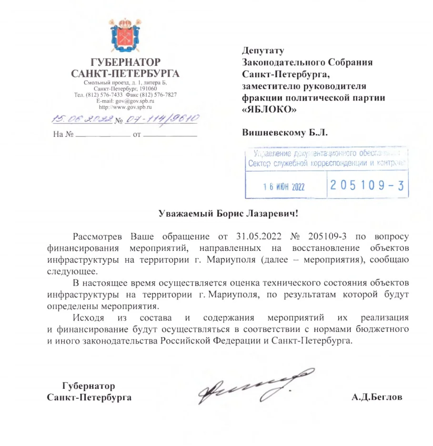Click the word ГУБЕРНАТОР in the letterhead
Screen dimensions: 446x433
(125, 62)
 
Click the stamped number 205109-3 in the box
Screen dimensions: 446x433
(366, 186)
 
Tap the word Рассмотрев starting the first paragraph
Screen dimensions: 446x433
(99, 237)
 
